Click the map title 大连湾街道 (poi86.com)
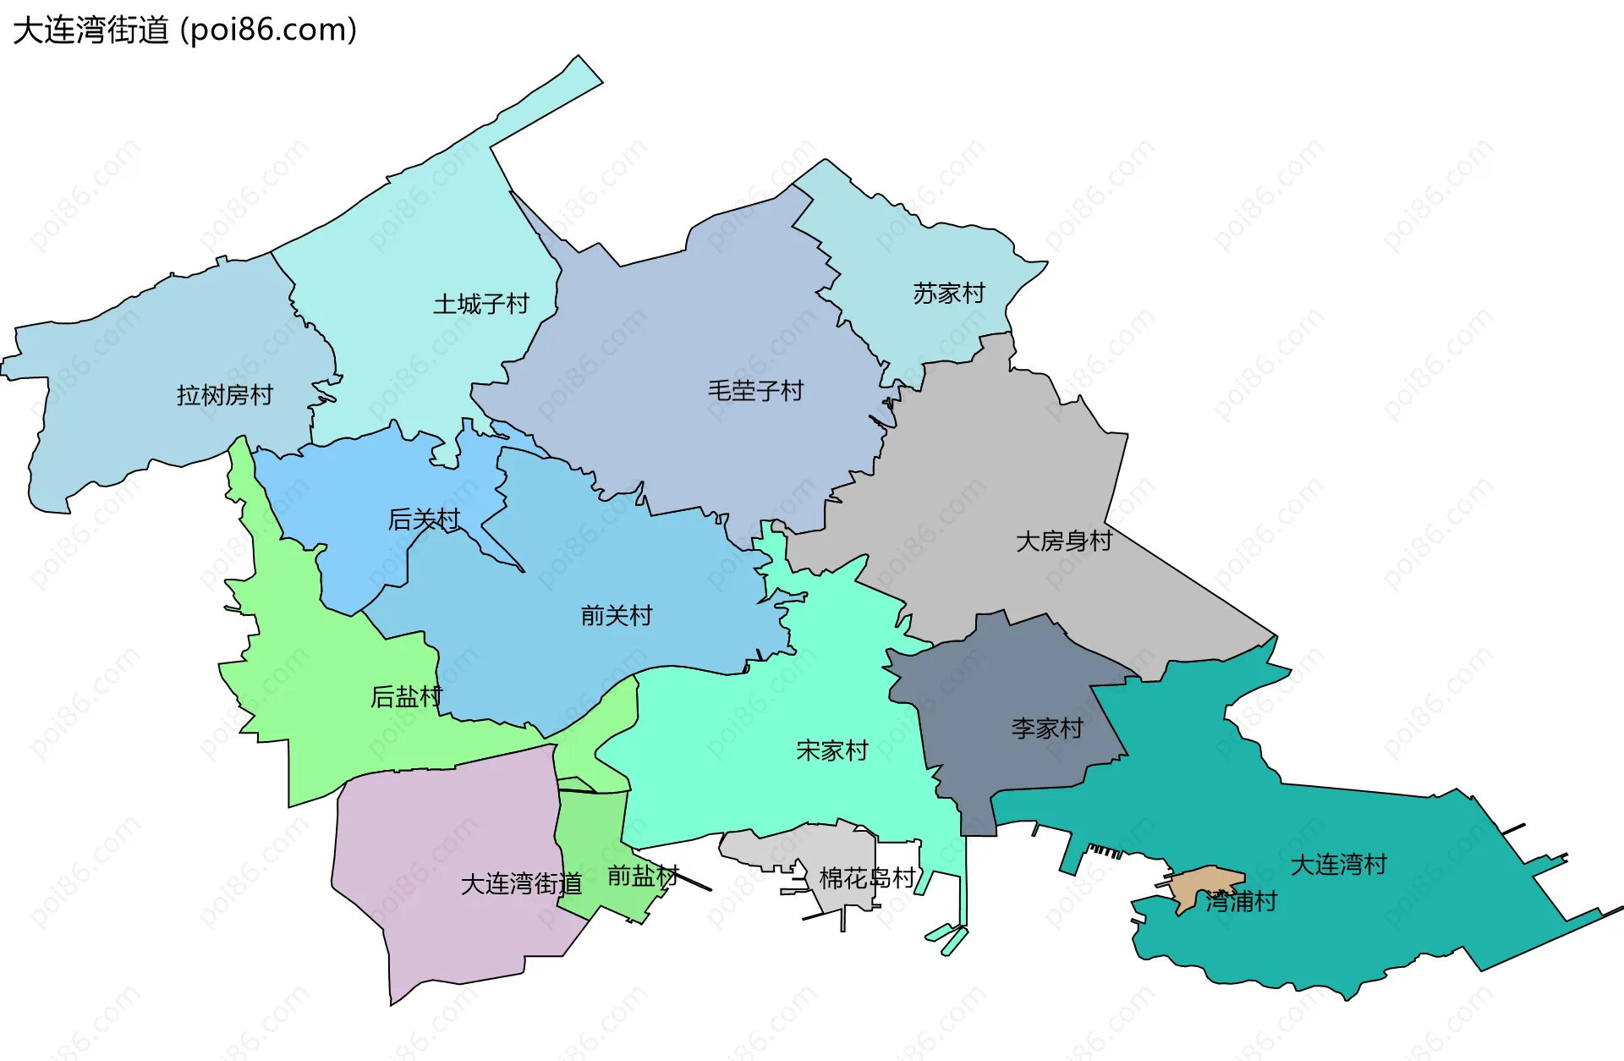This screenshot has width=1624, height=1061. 184,30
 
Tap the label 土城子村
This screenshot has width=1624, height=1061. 480,304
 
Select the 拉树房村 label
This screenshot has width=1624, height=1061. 224,395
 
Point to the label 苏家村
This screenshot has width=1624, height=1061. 949,294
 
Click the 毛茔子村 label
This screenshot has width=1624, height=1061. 755,391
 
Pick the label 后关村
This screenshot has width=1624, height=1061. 424,520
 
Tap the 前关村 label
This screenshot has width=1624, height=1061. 617,615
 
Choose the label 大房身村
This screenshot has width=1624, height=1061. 1063,541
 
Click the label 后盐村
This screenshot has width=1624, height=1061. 406,696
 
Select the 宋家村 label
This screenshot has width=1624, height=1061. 831,750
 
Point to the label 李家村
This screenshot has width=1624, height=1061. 1047,728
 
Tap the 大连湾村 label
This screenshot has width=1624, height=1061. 1338,864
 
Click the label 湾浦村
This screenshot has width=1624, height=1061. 1241,901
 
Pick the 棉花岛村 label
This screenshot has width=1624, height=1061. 867,878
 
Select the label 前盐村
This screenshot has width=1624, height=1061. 643,876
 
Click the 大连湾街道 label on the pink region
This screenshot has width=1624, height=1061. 521,884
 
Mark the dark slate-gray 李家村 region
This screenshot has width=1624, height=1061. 1007,677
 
